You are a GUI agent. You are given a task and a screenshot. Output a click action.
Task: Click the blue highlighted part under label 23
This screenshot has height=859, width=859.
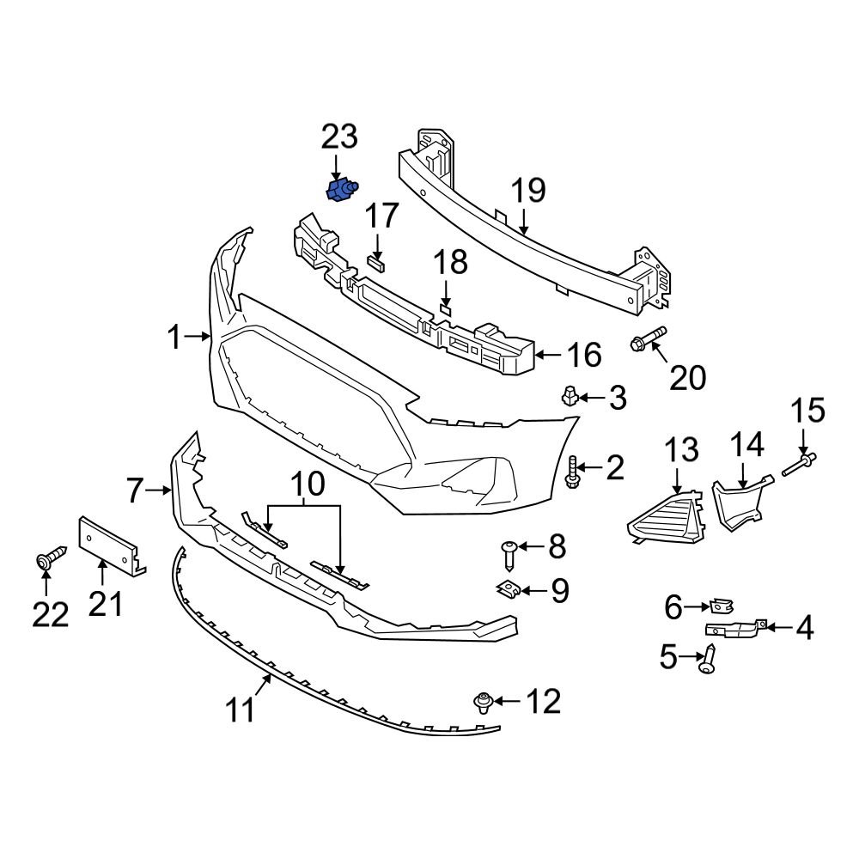[x=341, y=191]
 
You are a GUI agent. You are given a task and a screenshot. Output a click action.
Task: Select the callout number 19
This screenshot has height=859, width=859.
[x=528, y=191]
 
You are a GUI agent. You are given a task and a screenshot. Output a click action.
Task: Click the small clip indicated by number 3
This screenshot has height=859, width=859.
[x=569, y=396]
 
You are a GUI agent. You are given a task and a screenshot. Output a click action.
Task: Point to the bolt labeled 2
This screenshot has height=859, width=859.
[x=573, y=472]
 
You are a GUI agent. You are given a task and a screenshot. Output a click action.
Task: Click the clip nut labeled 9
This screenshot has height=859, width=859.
[x=509, y=591]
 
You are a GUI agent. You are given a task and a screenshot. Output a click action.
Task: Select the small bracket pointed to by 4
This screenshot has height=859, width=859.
[x=734, y=630]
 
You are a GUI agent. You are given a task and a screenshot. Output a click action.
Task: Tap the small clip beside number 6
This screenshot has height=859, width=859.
[x=722, y=608]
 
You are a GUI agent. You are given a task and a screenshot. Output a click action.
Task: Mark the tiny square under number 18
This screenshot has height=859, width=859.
[x=445, y=307]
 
